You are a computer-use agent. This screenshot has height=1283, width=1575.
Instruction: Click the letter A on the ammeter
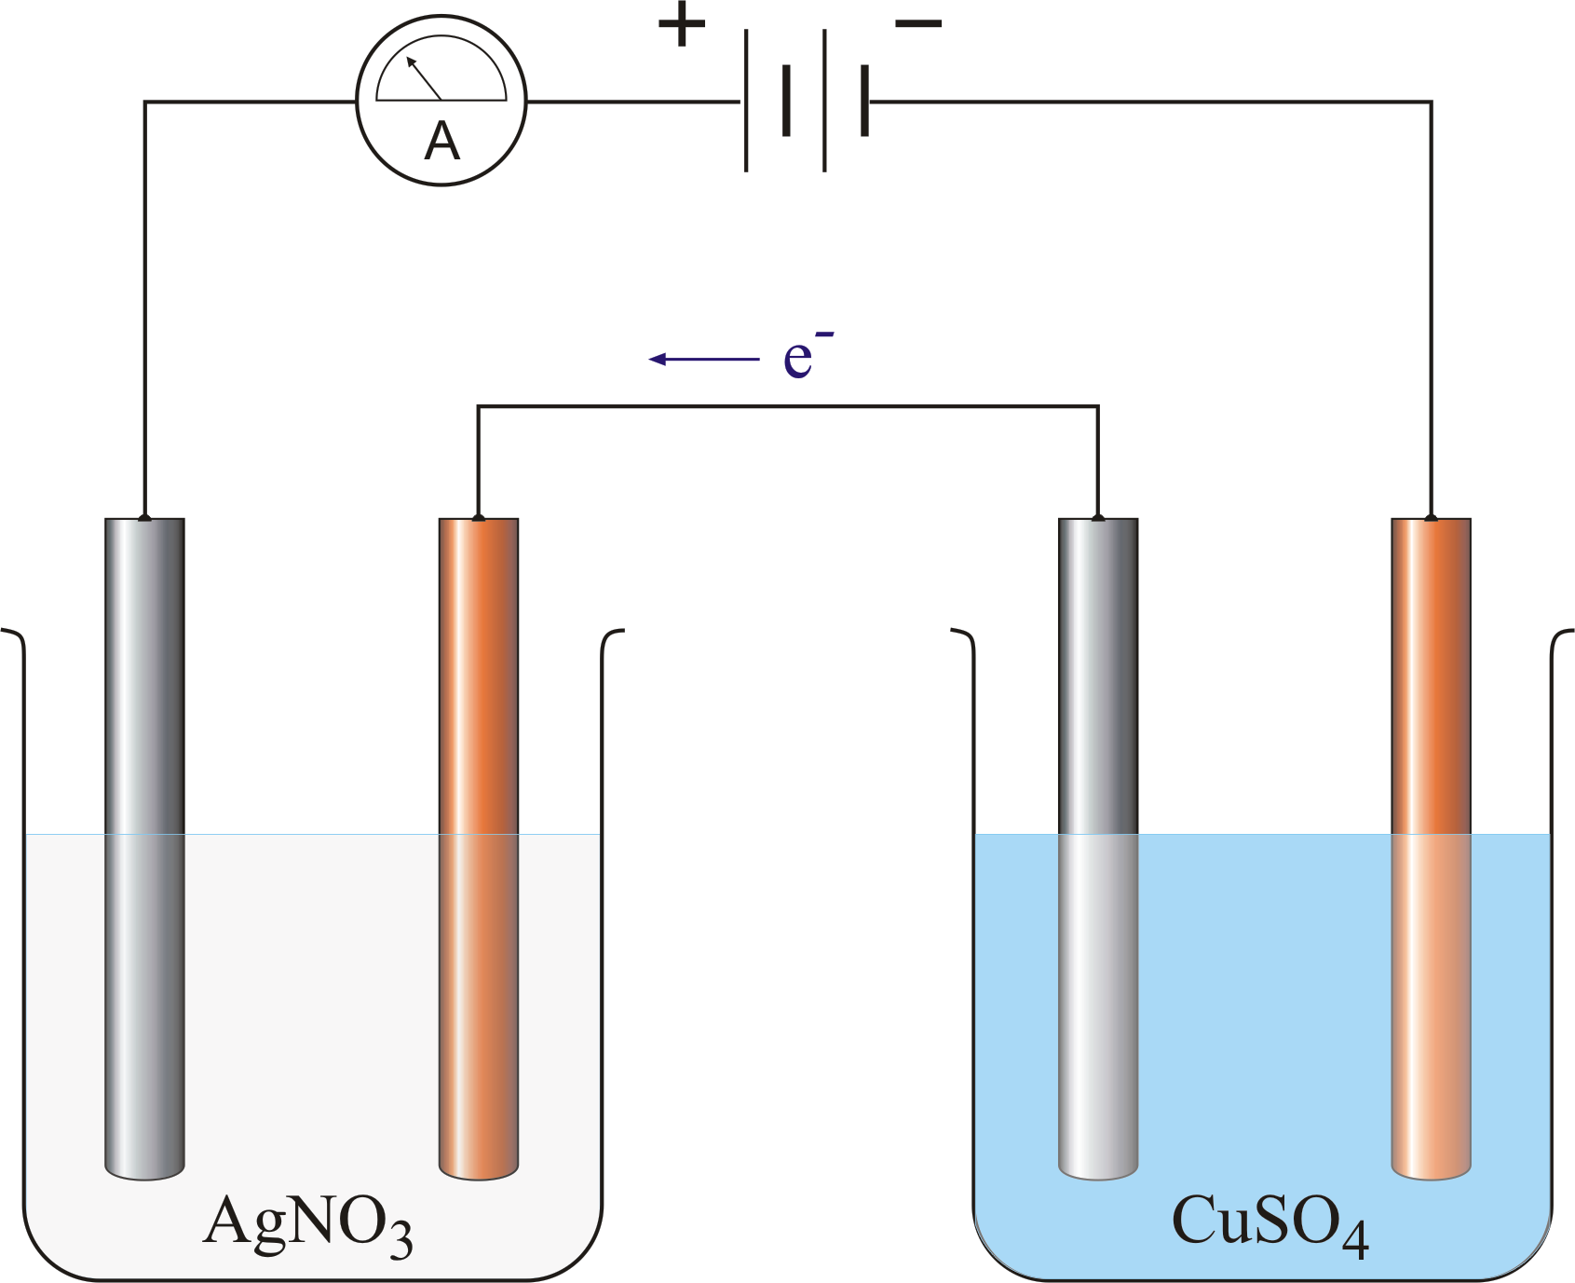[x=441, y=142]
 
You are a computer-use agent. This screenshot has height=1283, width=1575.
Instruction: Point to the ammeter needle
[x=424, y=77]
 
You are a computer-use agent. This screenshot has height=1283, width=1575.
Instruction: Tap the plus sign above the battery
[x=682, y=25]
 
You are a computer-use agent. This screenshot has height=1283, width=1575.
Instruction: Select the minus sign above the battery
[x=918, y=24]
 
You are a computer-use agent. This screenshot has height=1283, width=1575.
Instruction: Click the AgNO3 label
[x=307, y=1224]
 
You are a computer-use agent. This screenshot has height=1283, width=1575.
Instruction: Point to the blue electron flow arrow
[x=704, y=359]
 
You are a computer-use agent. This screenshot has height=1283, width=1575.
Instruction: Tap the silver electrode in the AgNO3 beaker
[x=144, y=849]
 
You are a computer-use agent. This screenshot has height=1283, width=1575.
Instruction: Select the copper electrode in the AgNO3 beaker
[x=479, y=849]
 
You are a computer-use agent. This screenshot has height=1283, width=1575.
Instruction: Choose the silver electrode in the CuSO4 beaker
[x=1098, y=849]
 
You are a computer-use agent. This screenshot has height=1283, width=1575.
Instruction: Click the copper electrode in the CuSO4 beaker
[x=1432, y=849]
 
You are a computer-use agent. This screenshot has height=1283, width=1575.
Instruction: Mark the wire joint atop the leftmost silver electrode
[x=144, y=517]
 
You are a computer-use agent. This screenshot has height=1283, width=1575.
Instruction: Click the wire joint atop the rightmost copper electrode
[x=1432, y=517]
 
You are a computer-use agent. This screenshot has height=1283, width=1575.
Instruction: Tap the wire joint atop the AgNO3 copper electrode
[x=478, y=517]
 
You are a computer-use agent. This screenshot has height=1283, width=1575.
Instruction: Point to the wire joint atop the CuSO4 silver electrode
[x=1098, y=517]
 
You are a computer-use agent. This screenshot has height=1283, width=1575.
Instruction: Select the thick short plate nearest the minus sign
[x=865, y=101]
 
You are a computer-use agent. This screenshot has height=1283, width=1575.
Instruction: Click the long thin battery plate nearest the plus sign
[x=746, y=101]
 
